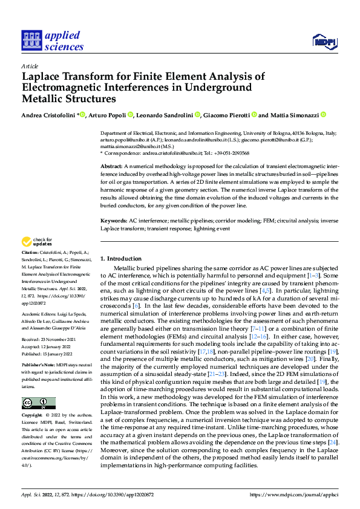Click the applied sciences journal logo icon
click(x=30, y=41)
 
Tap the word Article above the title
click(x=30, y=66)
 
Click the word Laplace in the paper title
click(x=44, y=77)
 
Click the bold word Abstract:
click(x=111, y=166)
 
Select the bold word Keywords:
click(x=113, y=222)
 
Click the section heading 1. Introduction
click(x=120, y=259)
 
